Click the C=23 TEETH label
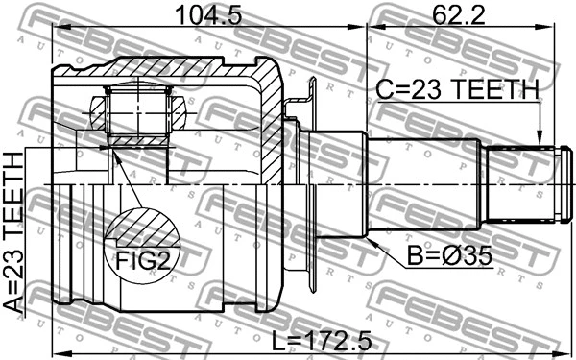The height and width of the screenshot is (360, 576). click(x=456, y=90)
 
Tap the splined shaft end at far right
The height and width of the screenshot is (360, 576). click(x=523, y=181)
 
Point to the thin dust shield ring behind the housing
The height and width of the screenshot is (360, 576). click(x=312, y=182)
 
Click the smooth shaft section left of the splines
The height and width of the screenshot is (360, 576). click(x=422, y=181)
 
